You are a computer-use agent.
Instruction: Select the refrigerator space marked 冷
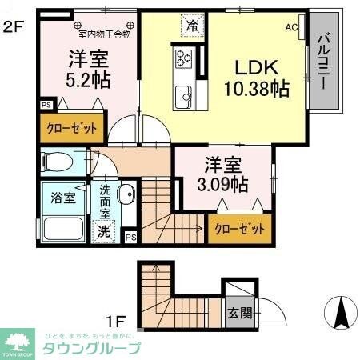tap(191, 26)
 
